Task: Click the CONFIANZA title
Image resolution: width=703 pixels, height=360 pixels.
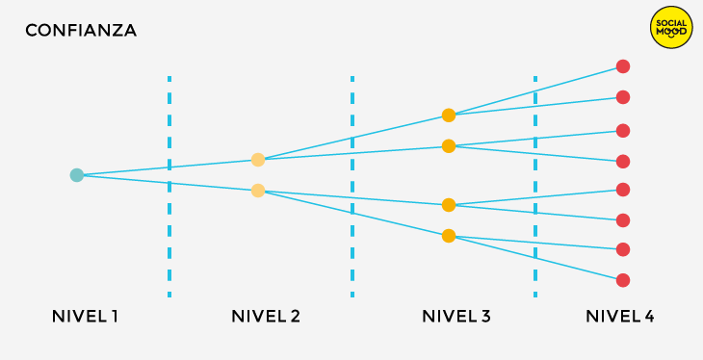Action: pyautogui.click(x=81, y=31)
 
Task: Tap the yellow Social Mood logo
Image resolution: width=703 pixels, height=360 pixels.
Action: pyautogui.click(x=671, y=27)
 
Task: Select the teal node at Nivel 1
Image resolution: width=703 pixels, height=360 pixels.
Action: pyautogui.click(x=77, y=175)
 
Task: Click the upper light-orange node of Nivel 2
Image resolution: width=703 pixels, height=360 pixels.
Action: pyautogui.click(x=258, y=160)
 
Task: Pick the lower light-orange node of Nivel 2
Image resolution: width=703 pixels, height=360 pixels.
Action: pyautogui.click(x=258, y=191)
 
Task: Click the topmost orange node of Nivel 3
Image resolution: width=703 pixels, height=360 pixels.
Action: pyautogui.click(x=449, y=116)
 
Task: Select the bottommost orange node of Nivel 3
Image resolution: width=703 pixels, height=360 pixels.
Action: pyautogui.click(x=449, y=236)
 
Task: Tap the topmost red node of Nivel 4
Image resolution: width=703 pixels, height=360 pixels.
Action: pyautogui.click(x=623, y=66)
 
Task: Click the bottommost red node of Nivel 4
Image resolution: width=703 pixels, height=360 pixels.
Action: pyautogui.click(x=623, y=280)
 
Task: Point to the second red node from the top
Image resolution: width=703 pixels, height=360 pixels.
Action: pyautogui.click(x=623, y=97)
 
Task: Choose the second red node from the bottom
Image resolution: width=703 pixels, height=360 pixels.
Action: pyautogui.click(x=623, y=249)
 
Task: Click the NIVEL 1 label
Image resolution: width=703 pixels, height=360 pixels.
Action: pyautogui.click(x=85, y=317)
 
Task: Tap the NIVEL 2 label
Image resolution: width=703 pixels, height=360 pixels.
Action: pyautogui.click(x=266, y=317)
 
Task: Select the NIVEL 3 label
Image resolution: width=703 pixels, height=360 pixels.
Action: pyautogui.click(x=456, y=317)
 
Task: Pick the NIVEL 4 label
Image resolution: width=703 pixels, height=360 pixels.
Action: pyautogui.click(x=619, y=317)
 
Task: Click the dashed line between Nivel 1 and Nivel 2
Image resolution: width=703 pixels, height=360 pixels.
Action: pyautogui.click(x=169, y=187)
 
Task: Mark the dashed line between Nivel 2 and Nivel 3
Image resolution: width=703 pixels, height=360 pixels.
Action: pyautogui.click(x=352, y=187)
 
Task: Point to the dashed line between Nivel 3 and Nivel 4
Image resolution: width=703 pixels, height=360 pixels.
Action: pyautogui.click(x=535, y=187)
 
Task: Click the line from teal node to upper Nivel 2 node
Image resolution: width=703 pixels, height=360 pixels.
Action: pyautogui.click(x=168, y=167)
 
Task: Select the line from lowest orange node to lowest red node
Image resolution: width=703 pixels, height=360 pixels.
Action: pyautogui.click(x=535, y=258)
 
